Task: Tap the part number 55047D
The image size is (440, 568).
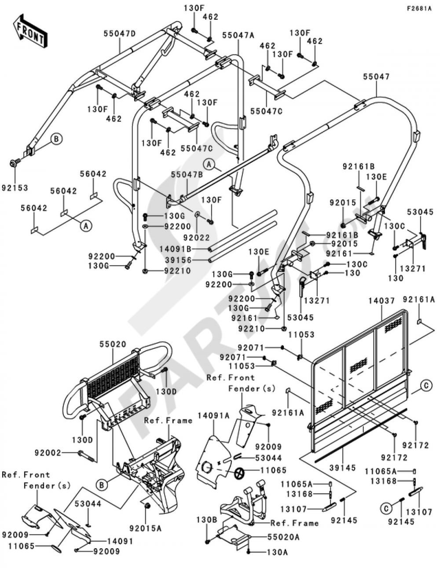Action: [x=120, y=33]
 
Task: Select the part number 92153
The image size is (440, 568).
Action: [x=15, y=188]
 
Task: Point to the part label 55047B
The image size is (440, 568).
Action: [x=187, y=175]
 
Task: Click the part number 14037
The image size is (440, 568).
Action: [x=382, y=301]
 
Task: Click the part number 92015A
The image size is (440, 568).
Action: [x=146, y=528]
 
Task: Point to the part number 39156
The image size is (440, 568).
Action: [x=178, y=260]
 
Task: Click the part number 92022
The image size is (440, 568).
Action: [x=197, y=237]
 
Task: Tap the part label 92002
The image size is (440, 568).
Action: [x=48, y=452]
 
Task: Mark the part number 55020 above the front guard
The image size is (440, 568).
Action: [x=113, y=344]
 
